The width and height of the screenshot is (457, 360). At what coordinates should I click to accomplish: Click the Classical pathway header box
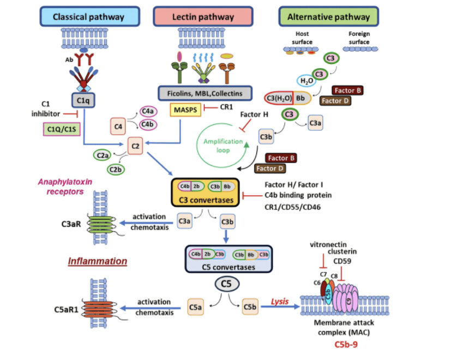point(88,16)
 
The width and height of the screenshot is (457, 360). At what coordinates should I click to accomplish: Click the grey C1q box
point(82,100)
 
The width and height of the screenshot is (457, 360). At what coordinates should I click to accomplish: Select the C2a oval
point(103,155)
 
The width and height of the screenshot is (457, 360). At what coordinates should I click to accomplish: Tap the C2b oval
point(116,170)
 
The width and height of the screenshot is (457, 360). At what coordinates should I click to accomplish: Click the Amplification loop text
point(223,145)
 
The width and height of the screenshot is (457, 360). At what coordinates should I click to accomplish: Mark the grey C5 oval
point(226,284)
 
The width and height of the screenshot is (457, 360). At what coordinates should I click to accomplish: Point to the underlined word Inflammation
point(98,261)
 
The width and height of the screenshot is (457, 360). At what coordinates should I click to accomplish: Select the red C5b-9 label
point(348,345)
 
